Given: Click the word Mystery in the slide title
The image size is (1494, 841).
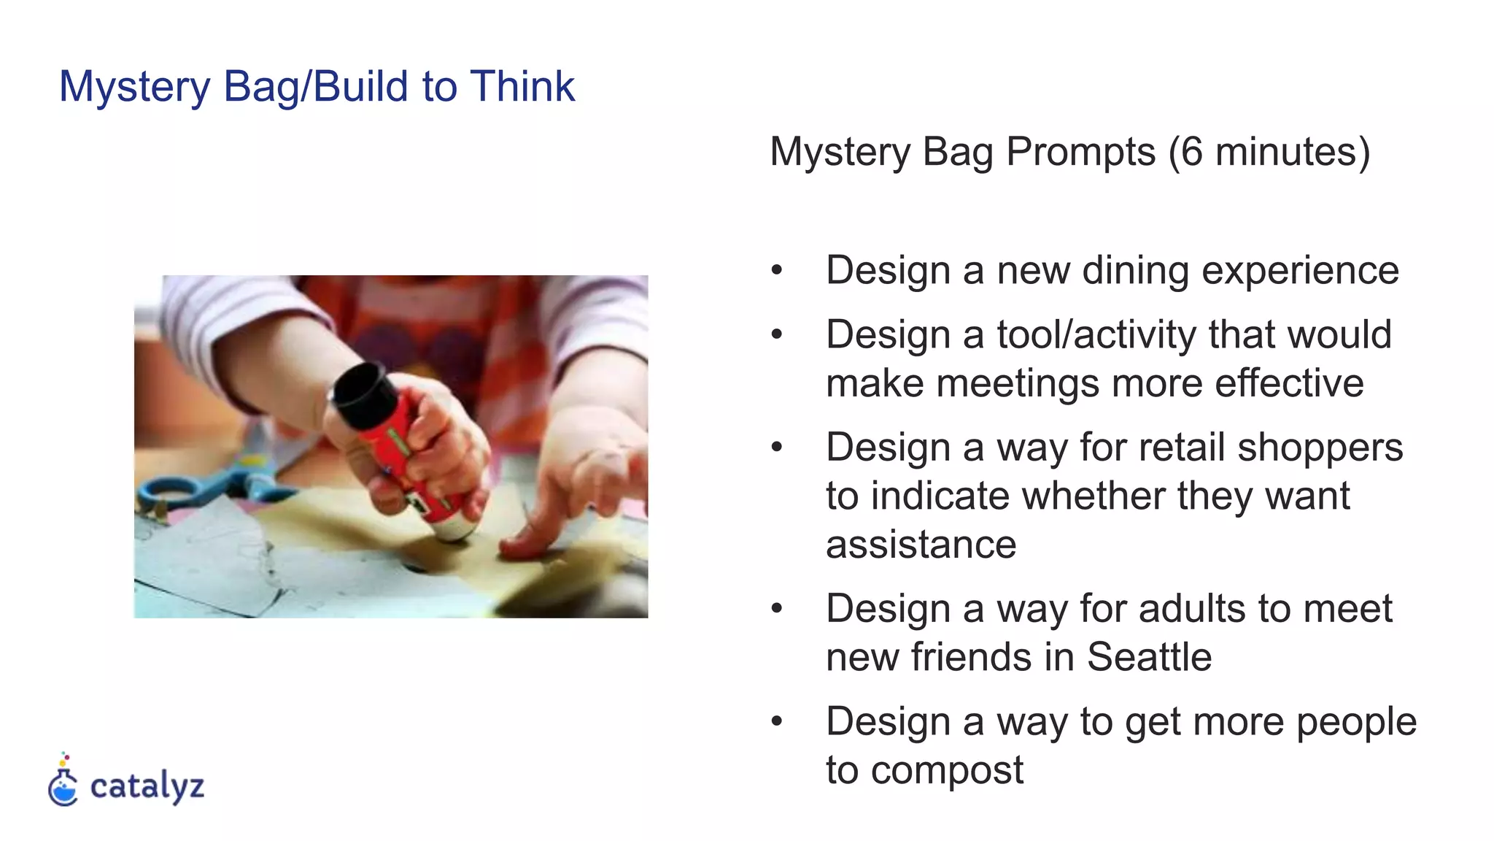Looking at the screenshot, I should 134,87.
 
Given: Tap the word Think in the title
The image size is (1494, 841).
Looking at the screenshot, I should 522,86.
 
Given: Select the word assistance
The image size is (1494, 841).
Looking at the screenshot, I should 921,545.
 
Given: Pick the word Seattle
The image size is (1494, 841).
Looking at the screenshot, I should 1149,657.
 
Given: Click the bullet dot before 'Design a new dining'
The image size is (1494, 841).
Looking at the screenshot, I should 776,271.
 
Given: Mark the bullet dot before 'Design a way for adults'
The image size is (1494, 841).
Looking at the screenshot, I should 776,608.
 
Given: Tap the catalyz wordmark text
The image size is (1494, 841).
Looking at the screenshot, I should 147,786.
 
